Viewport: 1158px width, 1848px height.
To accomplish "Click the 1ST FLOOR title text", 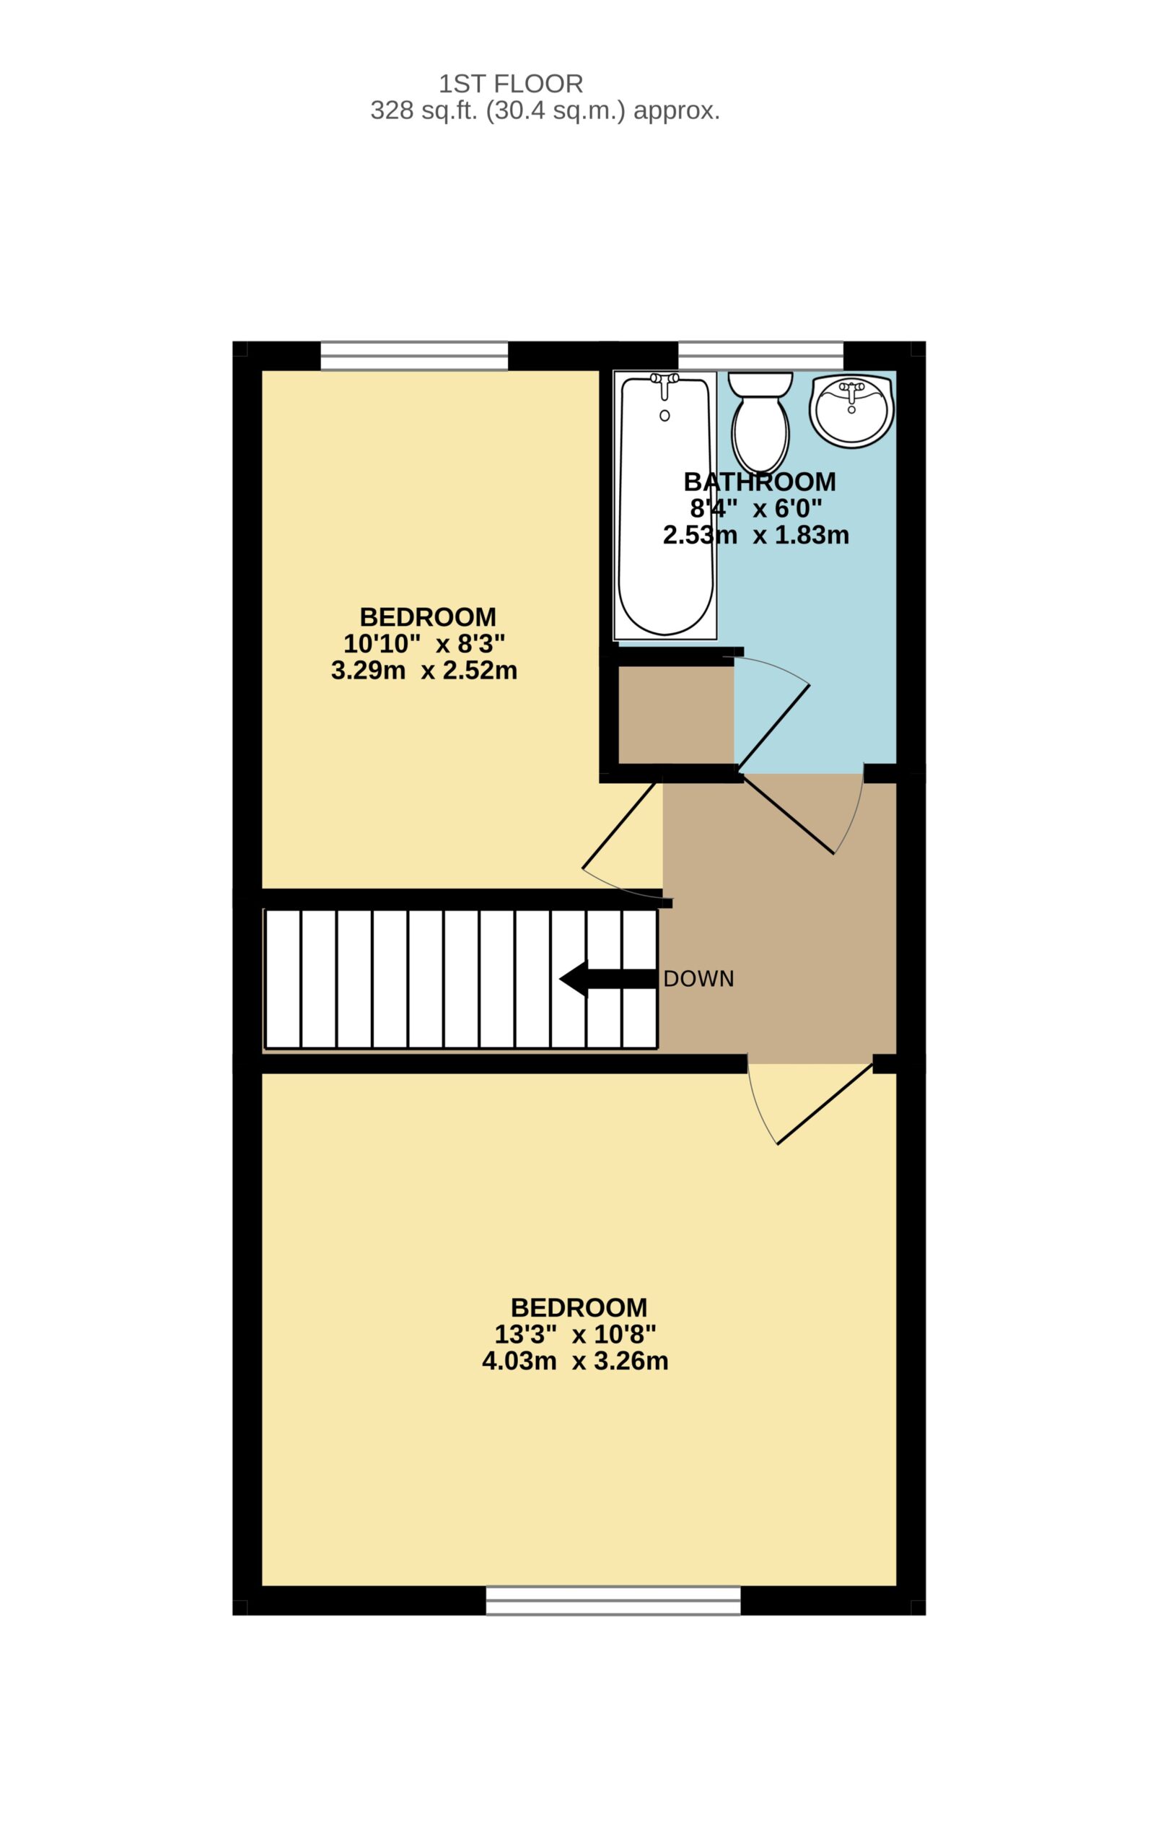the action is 511,84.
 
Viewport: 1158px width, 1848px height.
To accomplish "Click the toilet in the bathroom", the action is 760,422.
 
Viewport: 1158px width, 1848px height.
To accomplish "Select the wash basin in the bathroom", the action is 851,410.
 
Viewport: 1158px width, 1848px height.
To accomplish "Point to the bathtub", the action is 665,505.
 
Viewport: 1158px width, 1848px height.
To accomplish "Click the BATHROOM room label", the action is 760,482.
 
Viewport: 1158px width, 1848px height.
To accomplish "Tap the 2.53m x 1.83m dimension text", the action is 756,535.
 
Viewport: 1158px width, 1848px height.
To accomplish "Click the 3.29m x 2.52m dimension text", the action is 424,671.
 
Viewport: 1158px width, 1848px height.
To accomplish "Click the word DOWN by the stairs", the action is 698,978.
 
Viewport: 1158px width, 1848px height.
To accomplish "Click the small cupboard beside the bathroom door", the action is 676,714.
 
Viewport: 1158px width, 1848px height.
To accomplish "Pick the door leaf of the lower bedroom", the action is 825,1103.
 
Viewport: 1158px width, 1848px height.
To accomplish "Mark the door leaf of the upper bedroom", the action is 621,825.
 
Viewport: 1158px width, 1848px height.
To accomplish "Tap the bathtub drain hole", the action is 664,415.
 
